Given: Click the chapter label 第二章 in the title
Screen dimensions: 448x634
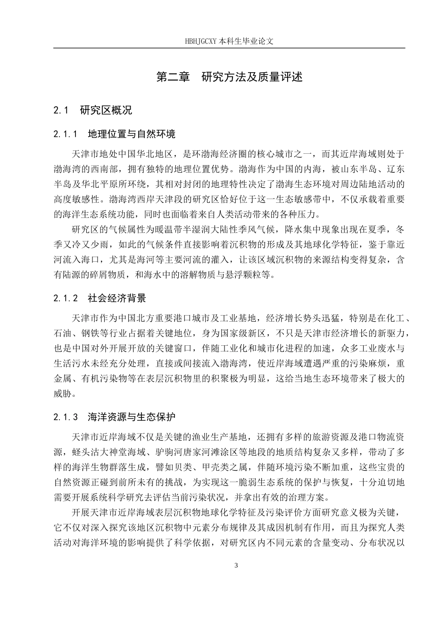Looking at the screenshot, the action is coord(171,77).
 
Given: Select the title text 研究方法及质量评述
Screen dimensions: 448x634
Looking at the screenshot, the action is coord(252,77).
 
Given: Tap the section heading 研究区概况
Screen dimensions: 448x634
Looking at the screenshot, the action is coord(106,111).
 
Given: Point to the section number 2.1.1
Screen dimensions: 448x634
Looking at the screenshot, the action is coord(65,134).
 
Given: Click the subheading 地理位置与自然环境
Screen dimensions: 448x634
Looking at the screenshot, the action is coord(132,134).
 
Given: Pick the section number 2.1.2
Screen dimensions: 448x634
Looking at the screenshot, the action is coord(65,298).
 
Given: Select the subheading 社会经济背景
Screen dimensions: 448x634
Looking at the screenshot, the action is coord(117,298).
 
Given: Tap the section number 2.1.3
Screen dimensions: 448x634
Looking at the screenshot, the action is coord(65,417).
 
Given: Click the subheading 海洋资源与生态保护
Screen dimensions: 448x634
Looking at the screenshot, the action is coord(132,417).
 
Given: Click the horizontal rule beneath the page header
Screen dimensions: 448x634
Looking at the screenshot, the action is coord(229,48).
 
